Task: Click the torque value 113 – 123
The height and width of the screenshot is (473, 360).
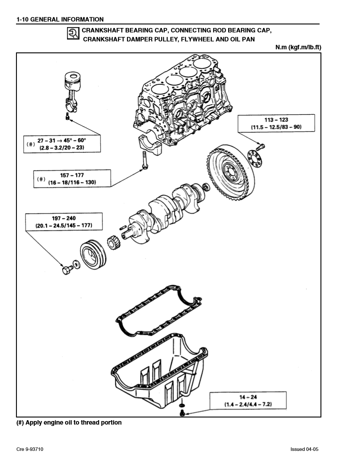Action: [x=276, y=120]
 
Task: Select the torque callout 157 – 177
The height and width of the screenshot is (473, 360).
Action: [x=72, y=175]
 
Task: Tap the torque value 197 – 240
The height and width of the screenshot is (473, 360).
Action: [x=64, y=219]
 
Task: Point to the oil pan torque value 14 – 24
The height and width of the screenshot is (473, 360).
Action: [x=248, y=397]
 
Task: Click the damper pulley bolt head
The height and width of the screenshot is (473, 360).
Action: [x=67, y=269]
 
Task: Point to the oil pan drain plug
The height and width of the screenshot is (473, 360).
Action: [x=182, y=413]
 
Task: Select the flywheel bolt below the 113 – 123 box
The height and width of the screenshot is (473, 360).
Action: [x=261, y=145]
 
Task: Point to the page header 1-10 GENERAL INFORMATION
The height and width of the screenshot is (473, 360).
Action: [x=60, y=19]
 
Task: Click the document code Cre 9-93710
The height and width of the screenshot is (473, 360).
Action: [x=30, y=449]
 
